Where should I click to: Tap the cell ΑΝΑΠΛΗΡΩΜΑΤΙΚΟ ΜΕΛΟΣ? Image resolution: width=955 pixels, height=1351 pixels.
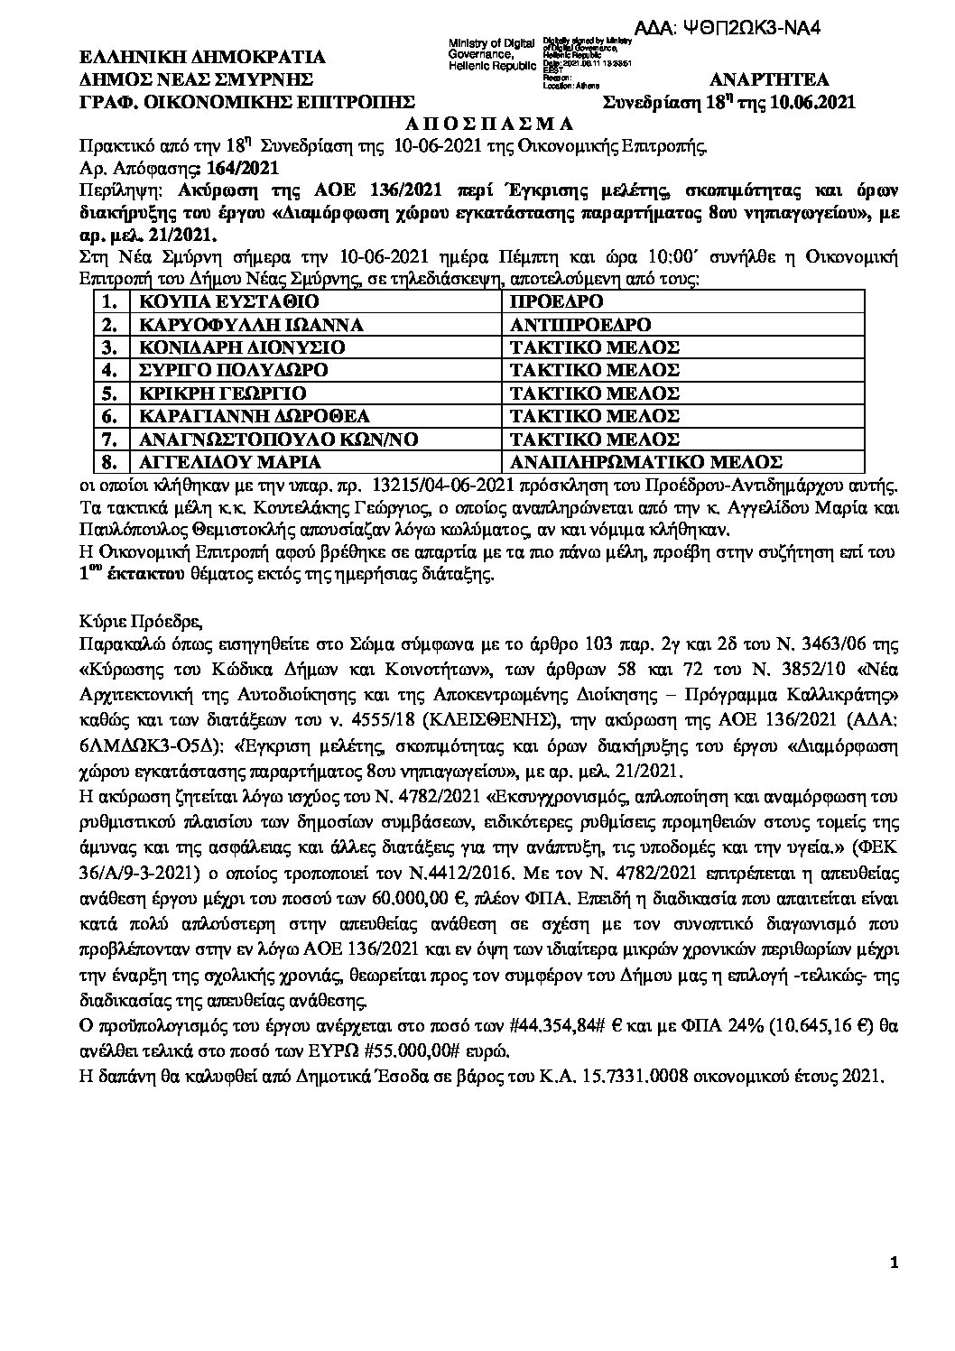click(x=645, y=462)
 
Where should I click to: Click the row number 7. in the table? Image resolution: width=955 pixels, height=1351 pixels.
click(x=111, y=440)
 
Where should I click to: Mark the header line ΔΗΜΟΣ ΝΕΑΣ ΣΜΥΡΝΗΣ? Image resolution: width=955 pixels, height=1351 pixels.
click(x=197, y=79)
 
